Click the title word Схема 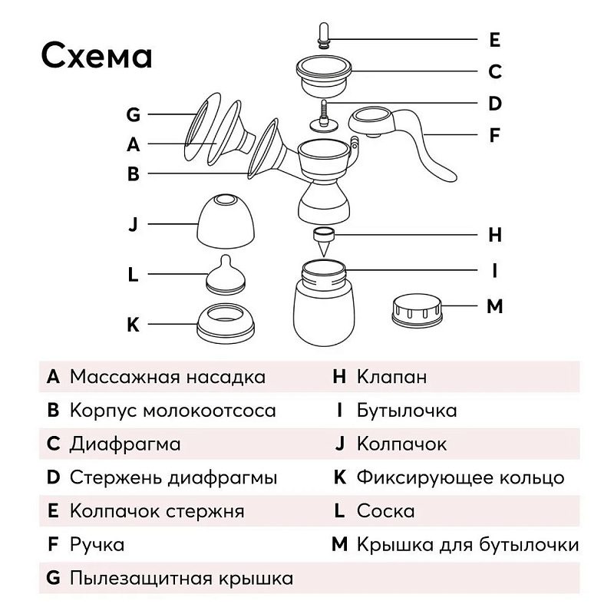pyautogui.click(x=97, y=56)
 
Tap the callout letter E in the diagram pyautogui.click(x=494, y=40)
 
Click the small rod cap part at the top pyautogui.click(x=324, y=36)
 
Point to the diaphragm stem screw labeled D pyautogui.click(x=324, y=117)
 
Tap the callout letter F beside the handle pyautogui.click(x=494, y=135)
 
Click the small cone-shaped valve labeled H pyautogui.click(x=324, y=243)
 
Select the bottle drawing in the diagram pyautogui.click(x=324, y=302)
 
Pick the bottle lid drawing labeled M pyautogui.click(x=417, y=311)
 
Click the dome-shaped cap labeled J pyautogui.click(x=225, y=221)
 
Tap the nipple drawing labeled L pyautogui.click(x=226, y=275)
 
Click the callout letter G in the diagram pyautogui.click(x=133, y=114)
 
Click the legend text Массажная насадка pyautogui.click(x=167, y=377)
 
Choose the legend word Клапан pyautogui.click(x=391, y=377)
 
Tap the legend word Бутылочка pyautogui.click(x=407, y=411)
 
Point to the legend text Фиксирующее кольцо pyautogui.click(x=460, y=477)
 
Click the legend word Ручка pyautogui.click(x=97, y=545)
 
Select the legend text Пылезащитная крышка pyautogui.click(x=181, y=579)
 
